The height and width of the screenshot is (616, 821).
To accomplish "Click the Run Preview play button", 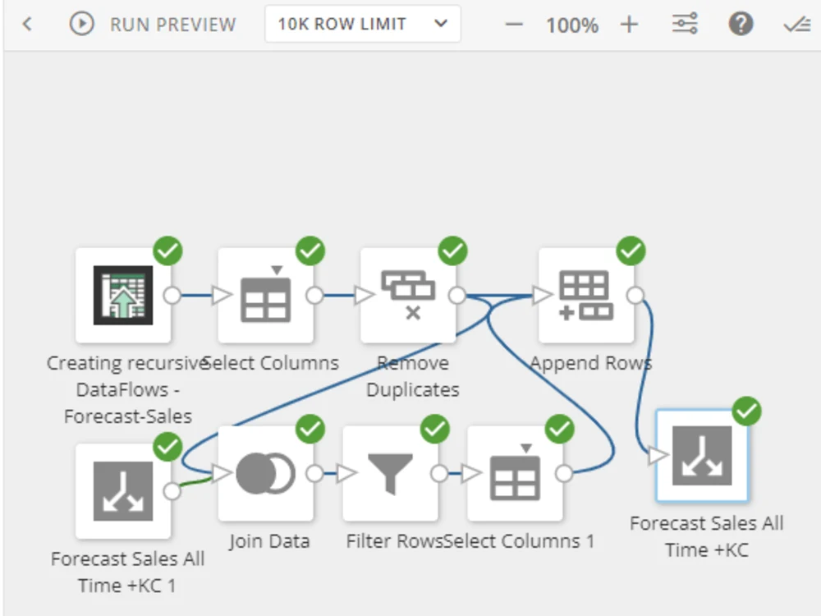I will (81, 24).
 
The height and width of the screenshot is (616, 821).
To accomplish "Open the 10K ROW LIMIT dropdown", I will (362, 24).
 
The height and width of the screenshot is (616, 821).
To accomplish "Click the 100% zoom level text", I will (571, 25).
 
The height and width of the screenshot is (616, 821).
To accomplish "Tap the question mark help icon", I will (741, 24).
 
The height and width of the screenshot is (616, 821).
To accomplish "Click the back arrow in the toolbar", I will (27, 24).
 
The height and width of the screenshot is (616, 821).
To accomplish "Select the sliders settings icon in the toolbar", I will (685, 24).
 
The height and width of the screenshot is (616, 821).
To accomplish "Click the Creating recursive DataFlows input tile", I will (123, 296).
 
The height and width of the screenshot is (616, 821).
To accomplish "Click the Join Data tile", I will (265, 473).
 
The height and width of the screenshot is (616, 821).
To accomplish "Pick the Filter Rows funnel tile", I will (390, 473).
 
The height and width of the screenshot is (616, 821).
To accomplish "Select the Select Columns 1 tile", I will (515, 473).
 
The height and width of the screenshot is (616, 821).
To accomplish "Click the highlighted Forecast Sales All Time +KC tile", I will (702, 456).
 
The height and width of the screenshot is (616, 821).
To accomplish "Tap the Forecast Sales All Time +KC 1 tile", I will (123, 491).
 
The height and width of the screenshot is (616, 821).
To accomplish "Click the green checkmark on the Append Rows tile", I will (631, 251).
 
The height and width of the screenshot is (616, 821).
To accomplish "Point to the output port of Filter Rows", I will (439, 473).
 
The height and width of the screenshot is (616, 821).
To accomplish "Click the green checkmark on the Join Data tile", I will (310, 428).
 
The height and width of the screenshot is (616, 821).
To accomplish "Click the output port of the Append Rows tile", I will (635, 296).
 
